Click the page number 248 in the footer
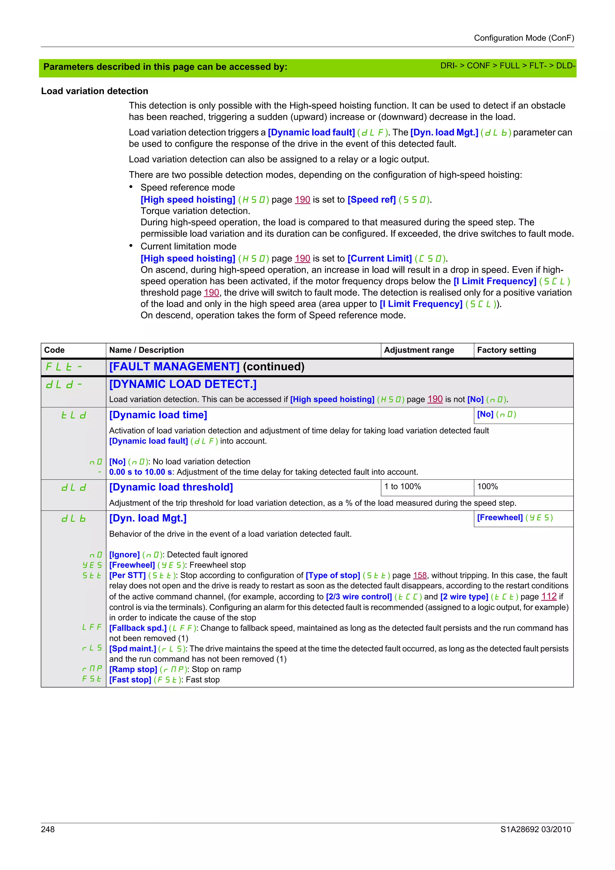coord(48,829)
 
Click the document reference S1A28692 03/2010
coord(535,829)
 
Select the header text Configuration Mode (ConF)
coord(524,38)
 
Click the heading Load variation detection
coord(94,91)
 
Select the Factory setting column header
coord(506,350)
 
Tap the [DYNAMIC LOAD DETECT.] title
coord(183,384)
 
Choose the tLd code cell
coord(74,415)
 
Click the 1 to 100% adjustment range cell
coord(402,487)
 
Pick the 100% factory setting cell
coord(487,487)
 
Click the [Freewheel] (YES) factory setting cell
coord(515,518)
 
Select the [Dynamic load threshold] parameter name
coord(171,487)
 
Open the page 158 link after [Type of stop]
coord(420,575)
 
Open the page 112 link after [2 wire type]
coord(549,597)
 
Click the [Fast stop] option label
coord(130,679)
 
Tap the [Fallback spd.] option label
coord(138,628)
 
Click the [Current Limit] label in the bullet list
coord(379,258)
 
